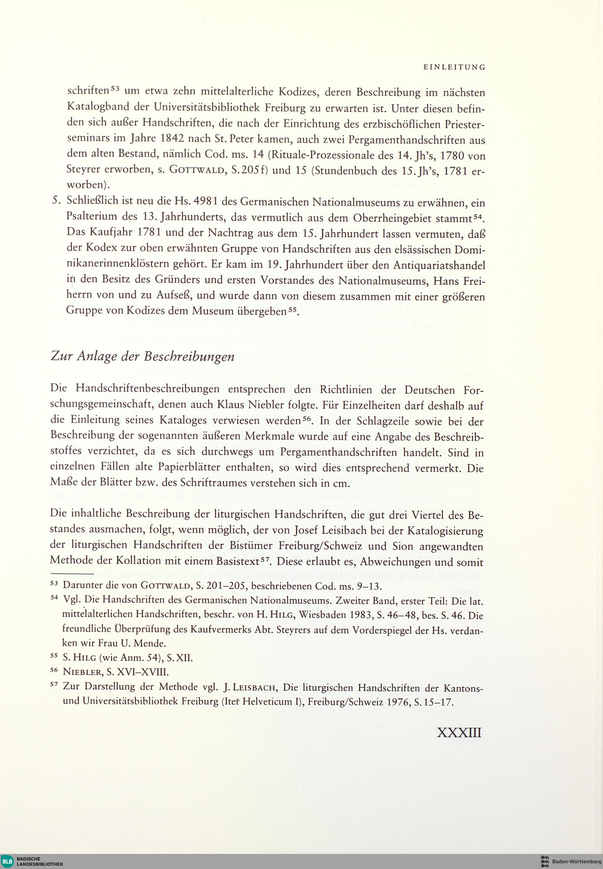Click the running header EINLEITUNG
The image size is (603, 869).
(x=454, y=68)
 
